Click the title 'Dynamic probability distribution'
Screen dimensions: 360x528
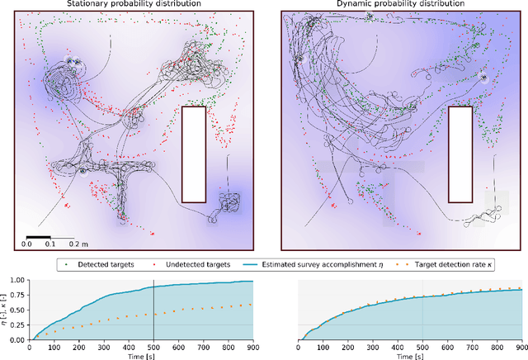(398, 5)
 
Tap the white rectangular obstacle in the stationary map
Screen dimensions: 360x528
(193, 154)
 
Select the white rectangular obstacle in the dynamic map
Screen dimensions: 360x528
(460, 154)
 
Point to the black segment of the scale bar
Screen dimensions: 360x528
(37, 236)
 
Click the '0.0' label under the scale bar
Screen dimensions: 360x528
(26, 244)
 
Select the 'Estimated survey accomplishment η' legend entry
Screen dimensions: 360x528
(314, 264)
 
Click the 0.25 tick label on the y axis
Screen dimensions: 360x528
(18, 324)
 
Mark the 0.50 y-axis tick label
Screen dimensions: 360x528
(18, 310)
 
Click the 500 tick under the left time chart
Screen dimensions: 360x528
(153, 348)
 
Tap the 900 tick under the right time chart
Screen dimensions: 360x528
(521, 348)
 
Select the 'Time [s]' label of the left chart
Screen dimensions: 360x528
(141, 356)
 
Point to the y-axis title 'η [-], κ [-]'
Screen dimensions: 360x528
(4, 310)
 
